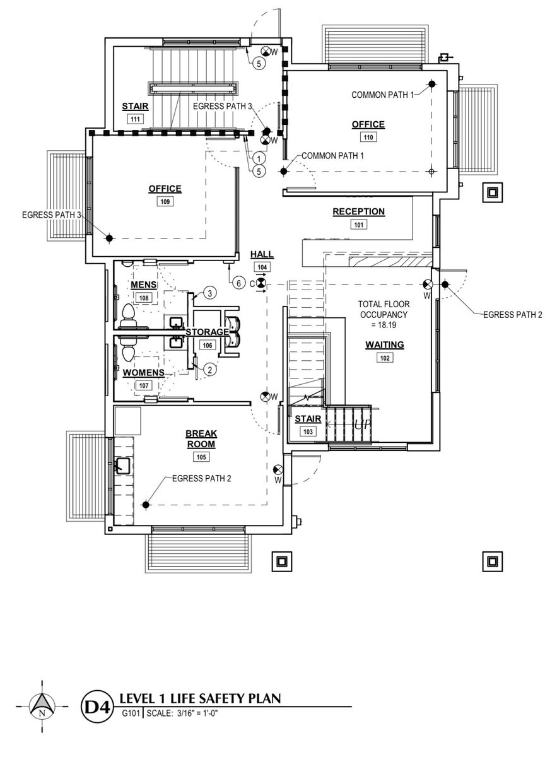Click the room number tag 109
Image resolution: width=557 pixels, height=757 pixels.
165,202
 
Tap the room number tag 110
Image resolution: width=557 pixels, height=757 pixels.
368,137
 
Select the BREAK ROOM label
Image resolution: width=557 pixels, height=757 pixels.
201,438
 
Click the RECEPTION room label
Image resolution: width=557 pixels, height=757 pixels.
358,211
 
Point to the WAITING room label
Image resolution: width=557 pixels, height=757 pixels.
384,345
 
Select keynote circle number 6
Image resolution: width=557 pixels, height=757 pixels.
238,283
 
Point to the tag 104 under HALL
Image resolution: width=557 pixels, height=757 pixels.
262,267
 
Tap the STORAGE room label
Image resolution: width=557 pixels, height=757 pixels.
206,332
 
